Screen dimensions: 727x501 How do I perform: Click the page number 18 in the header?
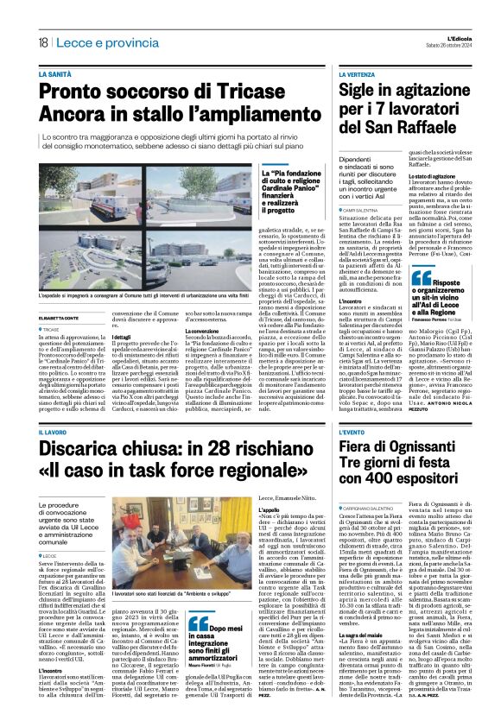point(42,42)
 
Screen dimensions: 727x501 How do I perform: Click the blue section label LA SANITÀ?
point(55,75)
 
